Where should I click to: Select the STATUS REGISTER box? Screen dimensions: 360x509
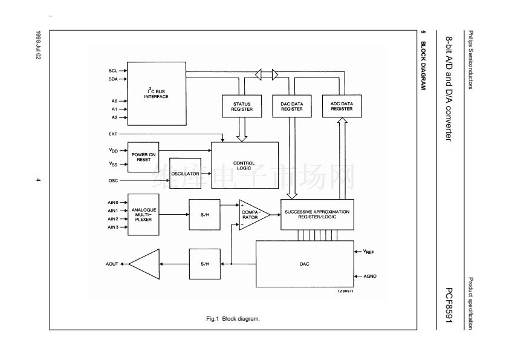241,106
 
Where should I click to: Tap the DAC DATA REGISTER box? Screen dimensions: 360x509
292,106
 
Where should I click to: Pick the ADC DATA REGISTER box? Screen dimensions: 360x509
342,106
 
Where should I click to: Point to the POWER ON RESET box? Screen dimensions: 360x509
144,157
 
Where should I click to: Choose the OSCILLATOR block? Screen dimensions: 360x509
185,173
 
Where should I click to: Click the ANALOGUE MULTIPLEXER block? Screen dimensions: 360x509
144,214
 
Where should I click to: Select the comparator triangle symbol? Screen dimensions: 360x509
251,214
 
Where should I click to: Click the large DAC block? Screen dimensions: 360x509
304,264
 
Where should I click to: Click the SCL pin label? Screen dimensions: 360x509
113,71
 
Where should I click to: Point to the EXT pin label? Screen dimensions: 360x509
113,133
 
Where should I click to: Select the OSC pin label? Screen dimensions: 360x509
113,180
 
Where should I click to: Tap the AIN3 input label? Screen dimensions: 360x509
112,227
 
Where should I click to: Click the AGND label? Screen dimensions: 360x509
370,276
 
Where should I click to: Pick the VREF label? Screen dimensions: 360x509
369,251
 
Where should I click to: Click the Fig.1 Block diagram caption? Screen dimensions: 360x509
233,318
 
